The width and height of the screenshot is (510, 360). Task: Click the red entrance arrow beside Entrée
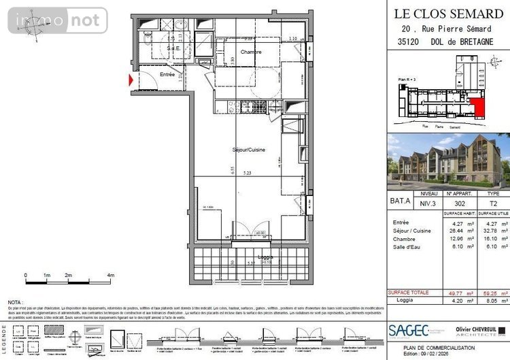pyautogui.click(x=132, y=80)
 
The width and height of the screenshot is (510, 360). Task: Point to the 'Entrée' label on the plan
pyautogui.click(x=167, y=74)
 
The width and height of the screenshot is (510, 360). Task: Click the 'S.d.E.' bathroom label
pyautogui.click(x=174, y=48)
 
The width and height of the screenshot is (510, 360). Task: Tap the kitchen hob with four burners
pyautogui.click(x=256, y=106)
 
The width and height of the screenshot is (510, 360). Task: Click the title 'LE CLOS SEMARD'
pyautogui.click(x=449, y=12)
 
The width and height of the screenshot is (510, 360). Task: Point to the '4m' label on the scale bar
pyautogui.click(x=110, y=276)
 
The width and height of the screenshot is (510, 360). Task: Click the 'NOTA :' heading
pyautogui.click(x=16, y=301)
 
